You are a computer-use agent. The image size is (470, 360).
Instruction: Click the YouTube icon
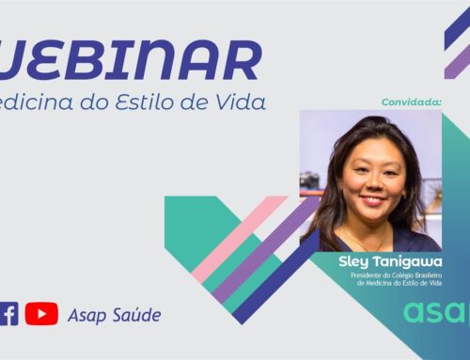click(x=41, y=314)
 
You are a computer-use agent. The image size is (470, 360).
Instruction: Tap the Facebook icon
click(x=8, y=314)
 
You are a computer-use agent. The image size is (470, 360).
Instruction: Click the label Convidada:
click(x=412, y=101)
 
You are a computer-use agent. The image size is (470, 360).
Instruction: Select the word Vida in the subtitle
click(x=241, y=100)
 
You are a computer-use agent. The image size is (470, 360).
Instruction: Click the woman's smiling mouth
click(x=374, y=200)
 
